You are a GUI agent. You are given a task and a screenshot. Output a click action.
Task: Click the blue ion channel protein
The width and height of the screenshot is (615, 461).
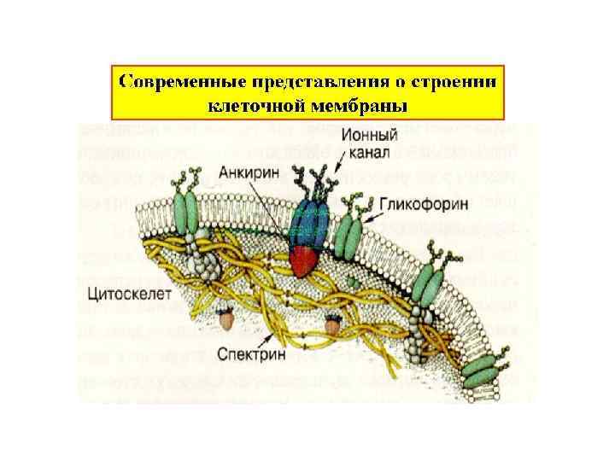click(x=307, y=225)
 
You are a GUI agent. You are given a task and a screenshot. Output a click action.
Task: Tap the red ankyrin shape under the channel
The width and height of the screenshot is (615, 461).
click(x=304, y=260)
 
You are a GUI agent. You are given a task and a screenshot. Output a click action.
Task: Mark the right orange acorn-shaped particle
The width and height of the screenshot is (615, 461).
click(x=332, y=322)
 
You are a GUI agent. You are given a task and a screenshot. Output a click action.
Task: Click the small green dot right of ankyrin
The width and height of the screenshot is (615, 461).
click(x=351, y=279)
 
